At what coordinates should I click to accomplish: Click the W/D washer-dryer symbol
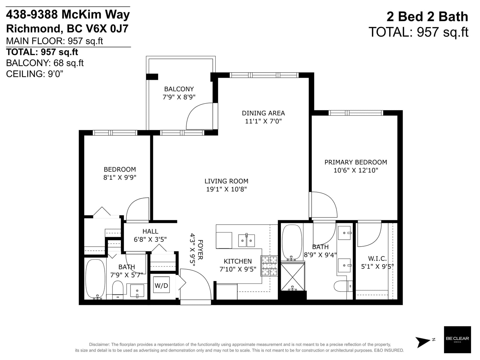click(161, 285)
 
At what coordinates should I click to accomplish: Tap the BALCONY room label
click(179, 89)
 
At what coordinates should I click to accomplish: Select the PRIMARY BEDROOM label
click(355, 162)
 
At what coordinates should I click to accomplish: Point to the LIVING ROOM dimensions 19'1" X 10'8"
click(226, 189)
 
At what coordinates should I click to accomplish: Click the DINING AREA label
click(263, 113)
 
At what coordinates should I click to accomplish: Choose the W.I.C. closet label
click(377, 259)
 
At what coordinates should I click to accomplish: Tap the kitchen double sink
click(247, 240)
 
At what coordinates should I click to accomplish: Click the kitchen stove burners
click(269, 266)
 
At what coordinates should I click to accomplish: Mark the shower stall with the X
click(292, 277)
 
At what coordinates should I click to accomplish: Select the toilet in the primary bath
click(343, 286)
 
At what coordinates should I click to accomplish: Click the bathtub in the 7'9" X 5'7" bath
click(95, 279)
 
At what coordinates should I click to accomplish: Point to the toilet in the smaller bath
click(118, 290)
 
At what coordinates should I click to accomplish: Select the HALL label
click(150, 231)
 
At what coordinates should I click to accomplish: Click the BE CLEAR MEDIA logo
click(457, 340)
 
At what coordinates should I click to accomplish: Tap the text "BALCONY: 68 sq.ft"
click(45, 63)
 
